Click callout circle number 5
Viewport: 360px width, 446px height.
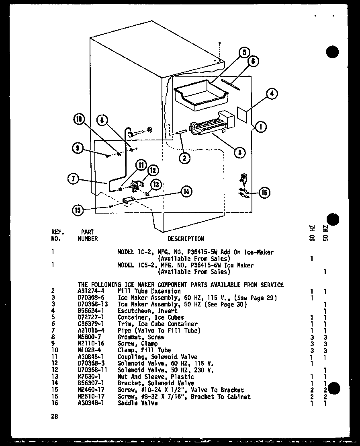coord(244,53)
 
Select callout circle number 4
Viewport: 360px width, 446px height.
coord(272,94)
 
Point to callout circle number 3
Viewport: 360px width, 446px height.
coord(239,152)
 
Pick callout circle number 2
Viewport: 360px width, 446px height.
coord(184,158)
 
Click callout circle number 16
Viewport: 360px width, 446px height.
coord(264,193)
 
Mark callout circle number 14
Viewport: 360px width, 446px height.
coord(186,191)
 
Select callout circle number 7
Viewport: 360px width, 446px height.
coord(73,179)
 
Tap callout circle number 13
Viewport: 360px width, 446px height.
coord(156,185)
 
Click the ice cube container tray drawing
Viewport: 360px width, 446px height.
coord(200,95)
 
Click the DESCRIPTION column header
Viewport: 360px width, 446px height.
coord(185,238)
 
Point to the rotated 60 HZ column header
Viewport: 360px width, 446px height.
coord(312,233)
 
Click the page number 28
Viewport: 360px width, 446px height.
coord(54,417)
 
